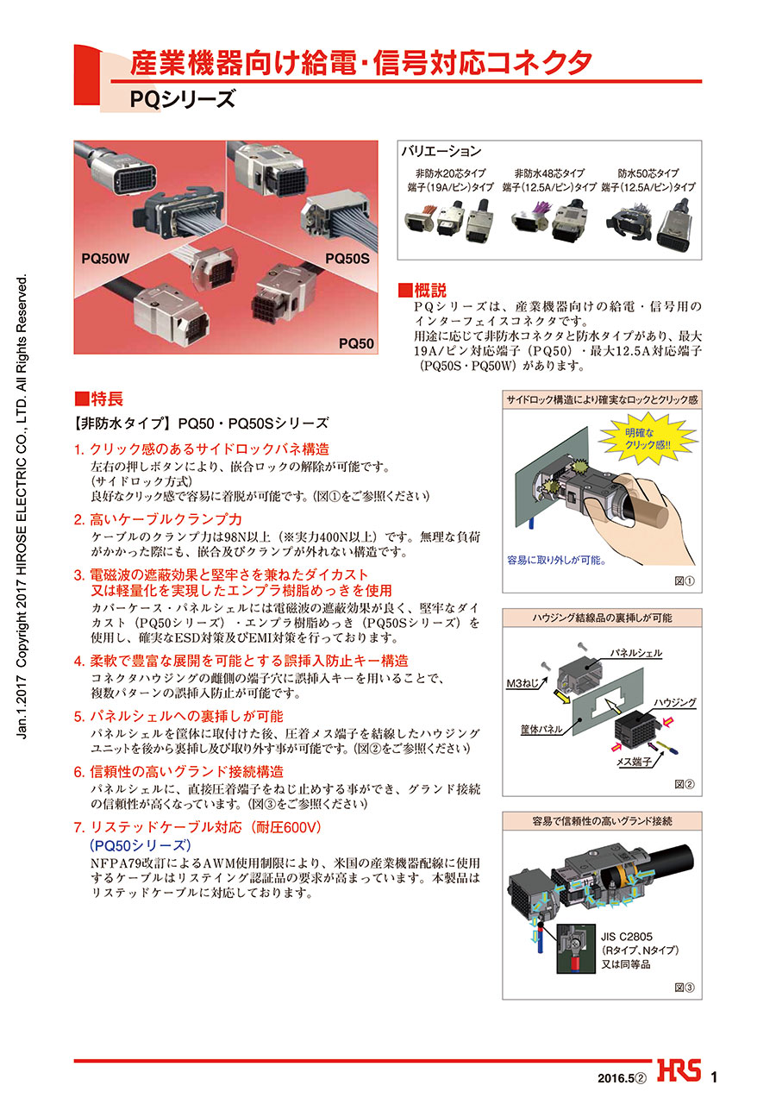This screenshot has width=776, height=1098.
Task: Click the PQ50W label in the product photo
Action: pyautogui.click(x=105, y=258)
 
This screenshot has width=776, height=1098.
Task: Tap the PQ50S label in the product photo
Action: pyautogui.click(x=347, y=258)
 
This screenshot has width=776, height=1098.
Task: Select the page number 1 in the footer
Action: pyautogui.click(x=714, y=1077)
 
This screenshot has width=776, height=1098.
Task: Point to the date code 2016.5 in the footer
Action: pyautogui.click(x=616, y=1078)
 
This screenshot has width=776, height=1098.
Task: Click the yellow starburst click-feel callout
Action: pyautogui.click(x=647, y=438)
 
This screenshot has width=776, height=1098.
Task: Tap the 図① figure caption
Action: pyautogui.click(x=685, y=580)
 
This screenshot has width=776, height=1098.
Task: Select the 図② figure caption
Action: pyautogui.click(x=685, y=784)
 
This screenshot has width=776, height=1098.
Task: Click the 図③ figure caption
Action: pyautogui.click(x=685, y=988)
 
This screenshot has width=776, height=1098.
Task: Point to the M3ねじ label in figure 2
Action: pyautogui.click(x=523, y=683)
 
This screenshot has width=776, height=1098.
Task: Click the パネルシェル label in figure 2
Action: pyautogui.click(x=636, y=652)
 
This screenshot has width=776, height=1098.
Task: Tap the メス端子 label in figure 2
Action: pyautogui.click(x=634, y=762)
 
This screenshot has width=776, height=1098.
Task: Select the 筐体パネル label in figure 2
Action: pyautogui.click(x=541, y=730)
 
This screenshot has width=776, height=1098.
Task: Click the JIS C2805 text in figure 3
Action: pyautogui.click(x=627, y=936)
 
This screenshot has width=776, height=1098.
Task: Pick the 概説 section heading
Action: pyautogui.click(x=422, y=290)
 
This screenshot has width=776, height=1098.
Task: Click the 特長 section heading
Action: pyautogui.click(x=98, y=398)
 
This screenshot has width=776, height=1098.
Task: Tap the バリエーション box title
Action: pyautogui.click(x=441, y=151)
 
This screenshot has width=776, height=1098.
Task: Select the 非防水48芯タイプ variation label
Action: pyautogui.click(x=549, y=173)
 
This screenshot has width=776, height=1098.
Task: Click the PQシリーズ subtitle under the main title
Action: pyautogui.click(x=183, y=99)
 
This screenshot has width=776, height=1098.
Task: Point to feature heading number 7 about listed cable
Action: pyautogui.click(x=197, y=827)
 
